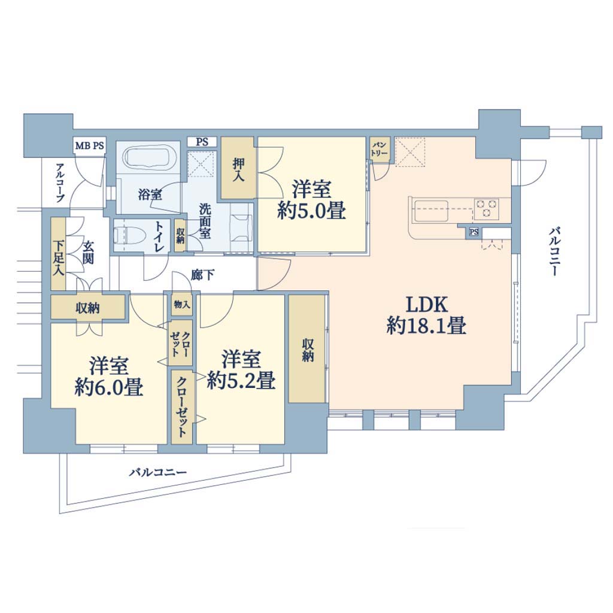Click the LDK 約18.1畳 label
(x=426, y=315)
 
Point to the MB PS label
(x=90, y=146)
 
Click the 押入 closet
(x=238, y=168)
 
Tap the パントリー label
(x=379, y=149)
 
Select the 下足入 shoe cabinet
(x=58, y=254)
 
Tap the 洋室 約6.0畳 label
(x=109, y=376)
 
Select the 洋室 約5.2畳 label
(x=241, y=369)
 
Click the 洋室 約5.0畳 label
(x=311, y=199)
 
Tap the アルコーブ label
(x=60, y=183)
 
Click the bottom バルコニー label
(x=158, y=473)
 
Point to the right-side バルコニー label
(x=554, y=252)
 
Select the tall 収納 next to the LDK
(x=307, y=349)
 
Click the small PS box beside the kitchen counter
(x=474, y=232)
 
